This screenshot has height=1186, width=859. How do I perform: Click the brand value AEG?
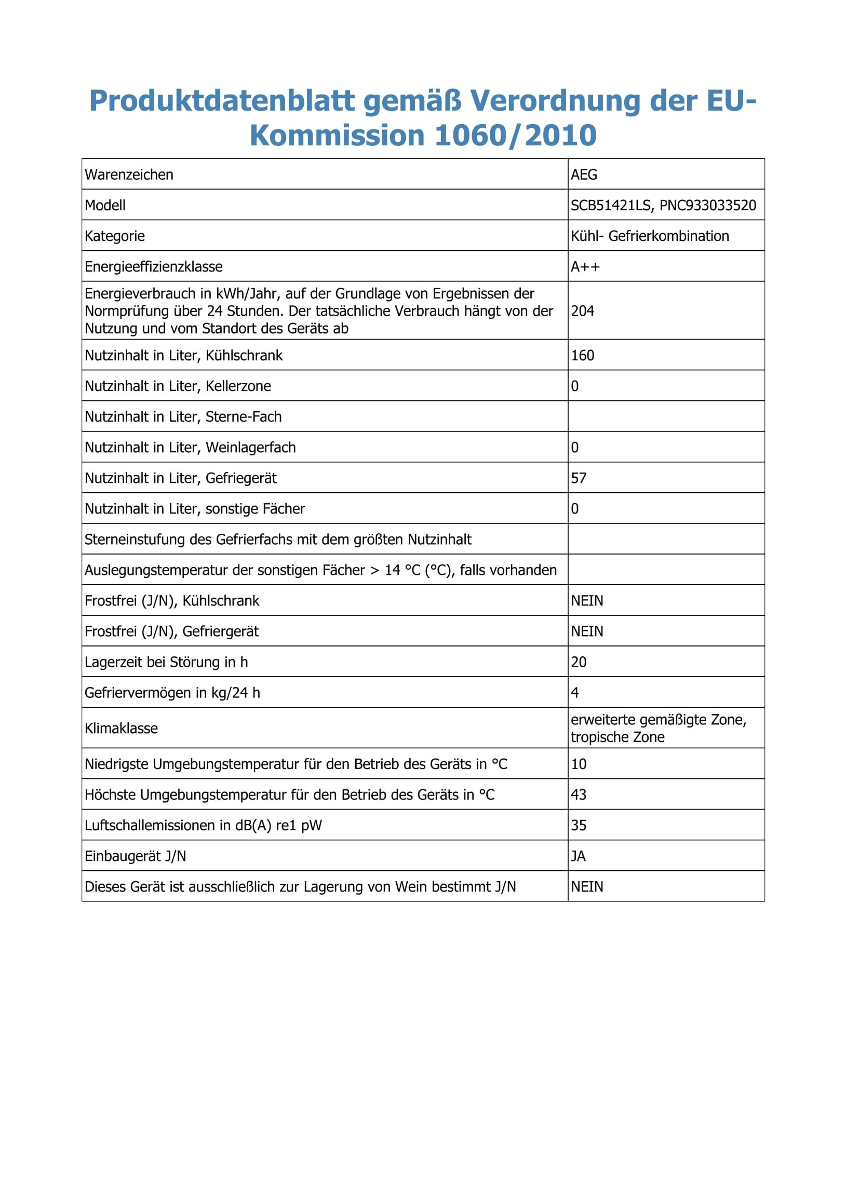pyautogui.click(x=584, y=174)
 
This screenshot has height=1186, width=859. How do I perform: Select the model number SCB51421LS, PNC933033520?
pyautogui.click(x=663, y=206)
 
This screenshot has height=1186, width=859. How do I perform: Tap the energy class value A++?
pyautogui.click(x=585, y=267)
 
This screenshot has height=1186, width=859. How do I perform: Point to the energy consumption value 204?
pyautogui.click(x=582, y=311)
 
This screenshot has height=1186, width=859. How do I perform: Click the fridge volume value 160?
pyautogui.click(x=582, y=356)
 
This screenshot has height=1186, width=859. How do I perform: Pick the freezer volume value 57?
pyautogui.click(x=579, y=478)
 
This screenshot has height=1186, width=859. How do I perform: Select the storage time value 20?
pyautogui.click(x=579, y=662)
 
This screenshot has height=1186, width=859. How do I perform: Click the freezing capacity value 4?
pyautogui.click(x=575, y=693)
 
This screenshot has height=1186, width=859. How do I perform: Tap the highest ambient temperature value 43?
pyautogui.click(x=579, y=795)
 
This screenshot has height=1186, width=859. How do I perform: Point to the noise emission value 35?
pyautogui.click(x=579, y=825)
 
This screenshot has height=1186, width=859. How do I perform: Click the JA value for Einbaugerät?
pyautogui.click(x=578, y=856)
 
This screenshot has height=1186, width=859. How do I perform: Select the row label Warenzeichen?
pyautogui.click(x=129, y=174)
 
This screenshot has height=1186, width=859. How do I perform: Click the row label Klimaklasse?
pyautogui.click(x=121, y=729)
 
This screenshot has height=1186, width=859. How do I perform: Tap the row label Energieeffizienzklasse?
pyautogui.click(x=153, y=267)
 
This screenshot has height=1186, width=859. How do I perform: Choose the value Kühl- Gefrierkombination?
pyautogui.click(x=650, y=236)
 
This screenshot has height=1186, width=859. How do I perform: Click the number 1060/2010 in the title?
pyautogui.click(x=515, y=136)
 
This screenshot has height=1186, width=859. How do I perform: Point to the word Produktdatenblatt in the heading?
pyautogui.click(x=222, y=100)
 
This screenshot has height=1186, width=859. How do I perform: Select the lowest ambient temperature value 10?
pyautogui.click(x=579, y=764)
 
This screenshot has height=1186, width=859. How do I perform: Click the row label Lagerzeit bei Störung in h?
pyautogui.click(x=166, y=662)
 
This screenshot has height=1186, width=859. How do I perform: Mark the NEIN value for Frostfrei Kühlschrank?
pyautogui.click(x=587, y=601)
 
